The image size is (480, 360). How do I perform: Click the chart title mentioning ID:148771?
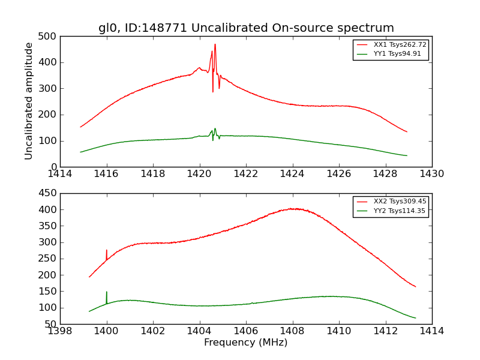(x=246, y=28)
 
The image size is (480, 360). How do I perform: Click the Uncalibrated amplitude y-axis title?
(x=29, y=101)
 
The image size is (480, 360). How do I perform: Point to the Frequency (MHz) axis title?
(x=246, y=343)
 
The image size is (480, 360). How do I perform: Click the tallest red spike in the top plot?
(x=215, y=44)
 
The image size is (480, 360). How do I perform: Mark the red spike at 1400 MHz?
(x=107, y=251)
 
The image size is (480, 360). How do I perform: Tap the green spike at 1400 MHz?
(x=107, y=292)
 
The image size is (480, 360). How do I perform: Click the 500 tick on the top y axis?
(x=50, y=37)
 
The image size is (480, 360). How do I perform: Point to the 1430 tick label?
(x=432, y=174)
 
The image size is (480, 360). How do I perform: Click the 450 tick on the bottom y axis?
(x=50, y=193)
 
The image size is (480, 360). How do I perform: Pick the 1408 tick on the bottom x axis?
(x=292, y=331)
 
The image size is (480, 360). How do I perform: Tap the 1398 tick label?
(x=61, y=331)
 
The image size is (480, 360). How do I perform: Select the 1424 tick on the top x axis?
(x=292, y=174)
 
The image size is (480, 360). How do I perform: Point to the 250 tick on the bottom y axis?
(x=50, y=259)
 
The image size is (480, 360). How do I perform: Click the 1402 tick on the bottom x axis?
(x=153, y=331)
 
